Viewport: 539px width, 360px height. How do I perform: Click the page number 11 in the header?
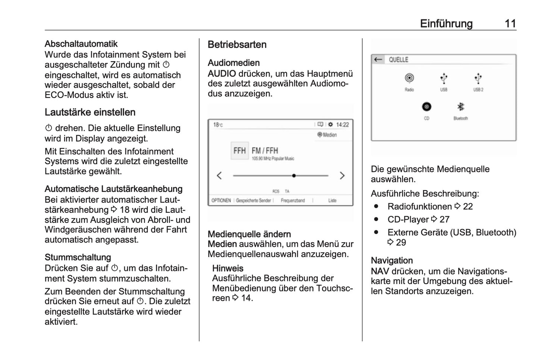(x=510, y=23)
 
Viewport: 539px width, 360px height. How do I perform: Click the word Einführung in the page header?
(x=446, y=23)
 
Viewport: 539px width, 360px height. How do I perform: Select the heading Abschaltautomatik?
(x=81, y=44)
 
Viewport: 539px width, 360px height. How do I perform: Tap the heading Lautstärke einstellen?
(x=90, y=112)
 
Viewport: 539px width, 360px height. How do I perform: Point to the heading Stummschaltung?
(x=78, y=258)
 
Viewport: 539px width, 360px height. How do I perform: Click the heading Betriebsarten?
(x=237, y=45)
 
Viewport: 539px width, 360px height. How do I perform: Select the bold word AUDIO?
(x=222, y=74)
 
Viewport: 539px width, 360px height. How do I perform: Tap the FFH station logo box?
(x=239, y=151)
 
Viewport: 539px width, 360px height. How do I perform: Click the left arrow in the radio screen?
(x=219, y=176)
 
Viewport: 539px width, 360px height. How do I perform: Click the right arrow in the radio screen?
(x=342, y=176)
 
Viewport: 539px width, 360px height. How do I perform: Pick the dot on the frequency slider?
(x=294, y=176)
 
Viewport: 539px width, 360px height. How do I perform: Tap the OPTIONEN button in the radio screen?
(x=221, y=200)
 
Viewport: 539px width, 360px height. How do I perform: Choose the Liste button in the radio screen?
(x=332, y=200)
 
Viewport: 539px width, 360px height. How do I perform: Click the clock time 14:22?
(x=342, y=125)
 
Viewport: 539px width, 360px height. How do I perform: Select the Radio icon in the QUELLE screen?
(x=409, y=78)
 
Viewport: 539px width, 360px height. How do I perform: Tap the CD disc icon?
(x=426, y=107)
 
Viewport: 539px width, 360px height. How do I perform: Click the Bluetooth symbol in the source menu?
(x=461, y=107)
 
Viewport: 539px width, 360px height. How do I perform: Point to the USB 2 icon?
(x=478, y=78)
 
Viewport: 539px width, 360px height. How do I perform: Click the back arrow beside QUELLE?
(x=378, y=60)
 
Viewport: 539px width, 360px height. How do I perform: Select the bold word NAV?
(x=380, y=272)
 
